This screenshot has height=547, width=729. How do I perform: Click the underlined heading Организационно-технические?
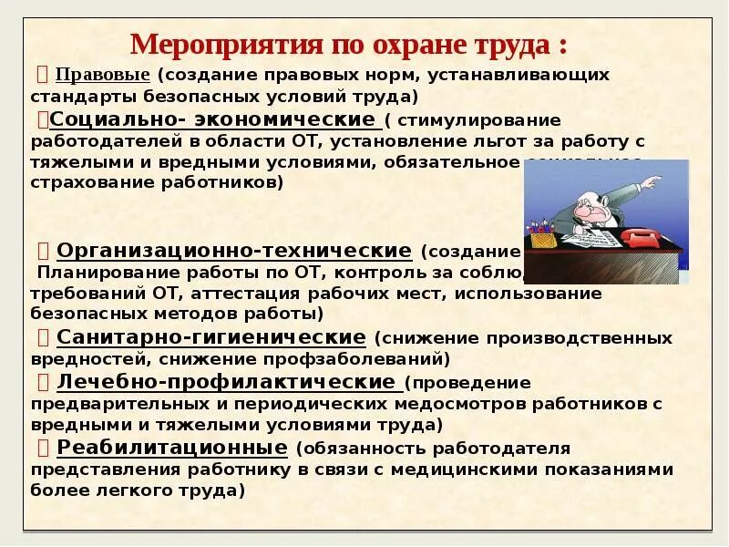[x=234, y=250]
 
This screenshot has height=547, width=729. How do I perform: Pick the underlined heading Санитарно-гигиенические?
[x=211, y=337]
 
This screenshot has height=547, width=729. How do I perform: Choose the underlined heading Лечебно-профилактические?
[x=226, y=381]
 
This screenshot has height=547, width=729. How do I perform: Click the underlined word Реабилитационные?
[x=172, y=447]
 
